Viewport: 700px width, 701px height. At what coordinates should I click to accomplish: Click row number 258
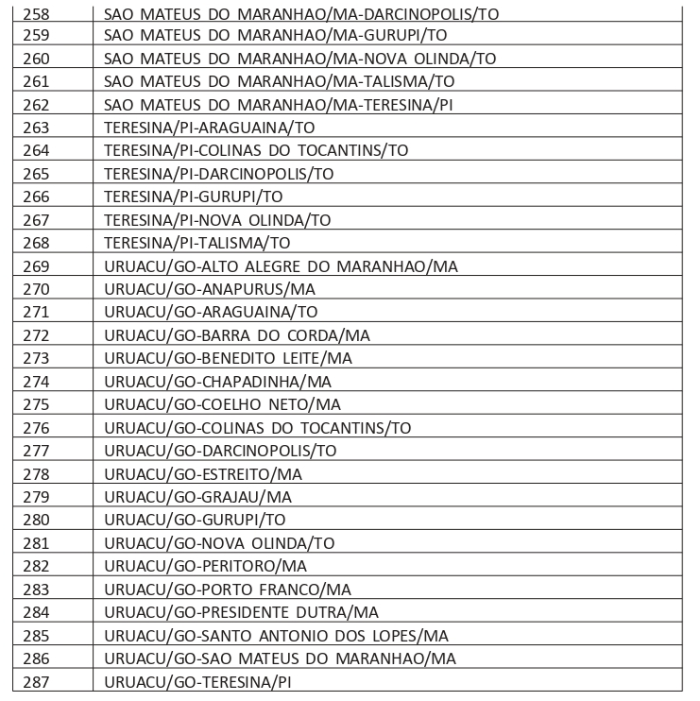tap(35, 16)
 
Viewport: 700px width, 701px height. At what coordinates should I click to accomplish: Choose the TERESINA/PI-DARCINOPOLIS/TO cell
tap(219, 174)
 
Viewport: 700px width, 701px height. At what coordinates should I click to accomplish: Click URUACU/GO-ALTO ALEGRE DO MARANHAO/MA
tap(281, 265)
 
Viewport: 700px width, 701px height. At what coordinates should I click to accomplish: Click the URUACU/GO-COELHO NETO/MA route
tap(223, 404)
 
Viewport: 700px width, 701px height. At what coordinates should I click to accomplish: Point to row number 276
tap(35, 427)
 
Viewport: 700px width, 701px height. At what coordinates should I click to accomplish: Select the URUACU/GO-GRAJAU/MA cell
tap(198, 496)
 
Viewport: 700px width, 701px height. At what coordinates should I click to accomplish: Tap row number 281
tap(35, 542)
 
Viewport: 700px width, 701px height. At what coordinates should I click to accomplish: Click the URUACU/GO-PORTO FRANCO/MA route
tap(228, 589)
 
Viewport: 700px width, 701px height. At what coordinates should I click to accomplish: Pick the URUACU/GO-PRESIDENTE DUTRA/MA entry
tap(241, 611)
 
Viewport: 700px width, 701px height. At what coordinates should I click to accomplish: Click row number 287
tap(35, 680)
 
